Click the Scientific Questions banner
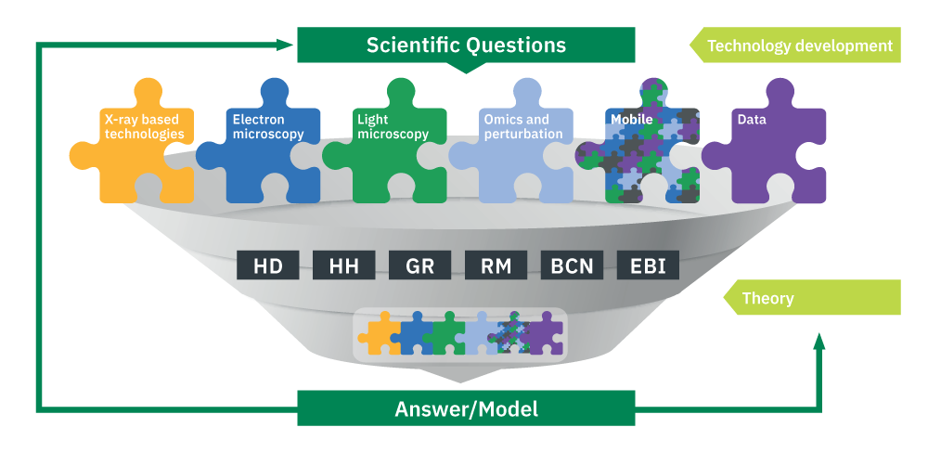pyautogui.click(x=466, y=45)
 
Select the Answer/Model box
pyautogui.click(x=466, y=408)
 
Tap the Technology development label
pyautogui.click(x=795, y=45)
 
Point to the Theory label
pyautogui.click(x=812, y=297)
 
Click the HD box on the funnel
pyautogui.click(x=268, y=265)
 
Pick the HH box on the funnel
pyautogui.click(x=344, y=265)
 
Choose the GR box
pyautogui.click(x=420, y=265)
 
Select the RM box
pyautogui.click(x=496, y=265)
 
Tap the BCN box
pyautogui.click(x=572, y=265)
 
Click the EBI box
pyautogui.click(x=648, y=265)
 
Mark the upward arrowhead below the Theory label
pyautogui.click(x=819, y=343)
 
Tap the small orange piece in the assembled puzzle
pyautogui.click(x=380, y=335)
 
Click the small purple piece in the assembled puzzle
pyautogui.click(x=543, y=335)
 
